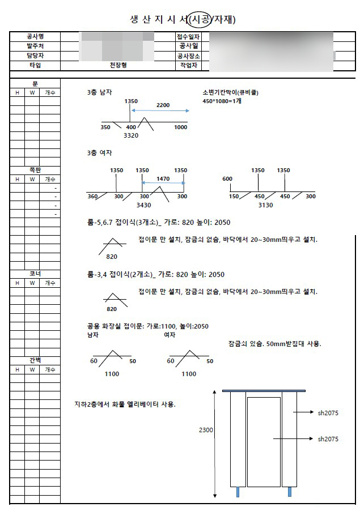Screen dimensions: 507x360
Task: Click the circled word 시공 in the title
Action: coord(201,20)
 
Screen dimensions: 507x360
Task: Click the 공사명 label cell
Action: coord(35,36)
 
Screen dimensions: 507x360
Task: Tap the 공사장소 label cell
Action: coord(188,56)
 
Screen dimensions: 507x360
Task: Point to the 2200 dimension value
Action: coord(163,105)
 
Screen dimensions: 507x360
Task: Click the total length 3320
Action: coord(131,135)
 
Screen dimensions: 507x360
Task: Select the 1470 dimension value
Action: coord(163,179)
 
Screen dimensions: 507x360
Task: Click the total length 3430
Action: coord(143,205)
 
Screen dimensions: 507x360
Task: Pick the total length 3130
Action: coord(265,205)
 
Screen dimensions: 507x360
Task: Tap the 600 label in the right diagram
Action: coord(227,179)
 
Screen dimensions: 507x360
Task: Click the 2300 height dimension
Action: coord(206,431)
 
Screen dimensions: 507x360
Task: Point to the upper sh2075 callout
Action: coord(328,413)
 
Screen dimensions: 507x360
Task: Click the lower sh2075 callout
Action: coord(328,439)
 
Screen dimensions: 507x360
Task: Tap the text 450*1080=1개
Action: coord(222,101)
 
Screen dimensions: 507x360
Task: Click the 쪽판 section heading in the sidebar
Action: coord(35,169)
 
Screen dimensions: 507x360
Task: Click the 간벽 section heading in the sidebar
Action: coord(35,360)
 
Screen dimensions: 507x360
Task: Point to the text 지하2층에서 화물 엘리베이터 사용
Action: coord(125,404)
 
